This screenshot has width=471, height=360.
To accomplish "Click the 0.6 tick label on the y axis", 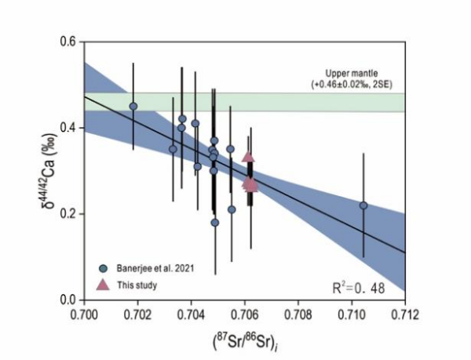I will (x=69, y=42).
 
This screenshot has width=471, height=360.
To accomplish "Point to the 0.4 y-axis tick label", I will (x=69, y=128).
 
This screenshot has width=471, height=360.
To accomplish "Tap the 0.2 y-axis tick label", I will (x=69, y=214).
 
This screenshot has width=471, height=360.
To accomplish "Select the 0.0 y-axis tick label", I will (x=69, y=300).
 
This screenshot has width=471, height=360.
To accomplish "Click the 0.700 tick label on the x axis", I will (x=83, y=313).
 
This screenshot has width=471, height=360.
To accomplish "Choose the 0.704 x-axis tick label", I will (x=191, y=313).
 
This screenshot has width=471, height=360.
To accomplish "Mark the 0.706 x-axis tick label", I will (x=244, y=313).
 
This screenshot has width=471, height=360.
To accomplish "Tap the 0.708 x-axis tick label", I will (x=298, y=313).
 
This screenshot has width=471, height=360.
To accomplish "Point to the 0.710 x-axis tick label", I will (x=352, y=313).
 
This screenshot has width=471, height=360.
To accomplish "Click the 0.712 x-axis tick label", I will (x=405, y=313).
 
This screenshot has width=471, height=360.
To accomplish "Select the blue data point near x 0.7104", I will (x=363, y=205).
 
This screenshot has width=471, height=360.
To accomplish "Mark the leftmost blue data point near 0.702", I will (x=133, y=106).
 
